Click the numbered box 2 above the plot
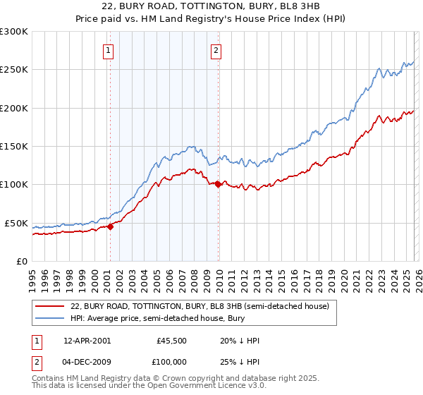click(215, 50)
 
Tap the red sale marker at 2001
click(111, 226)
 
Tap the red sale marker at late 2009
click(218, 185)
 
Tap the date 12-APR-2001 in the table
click(87, 341)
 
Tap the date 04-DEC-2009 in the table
click(87, 363)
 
